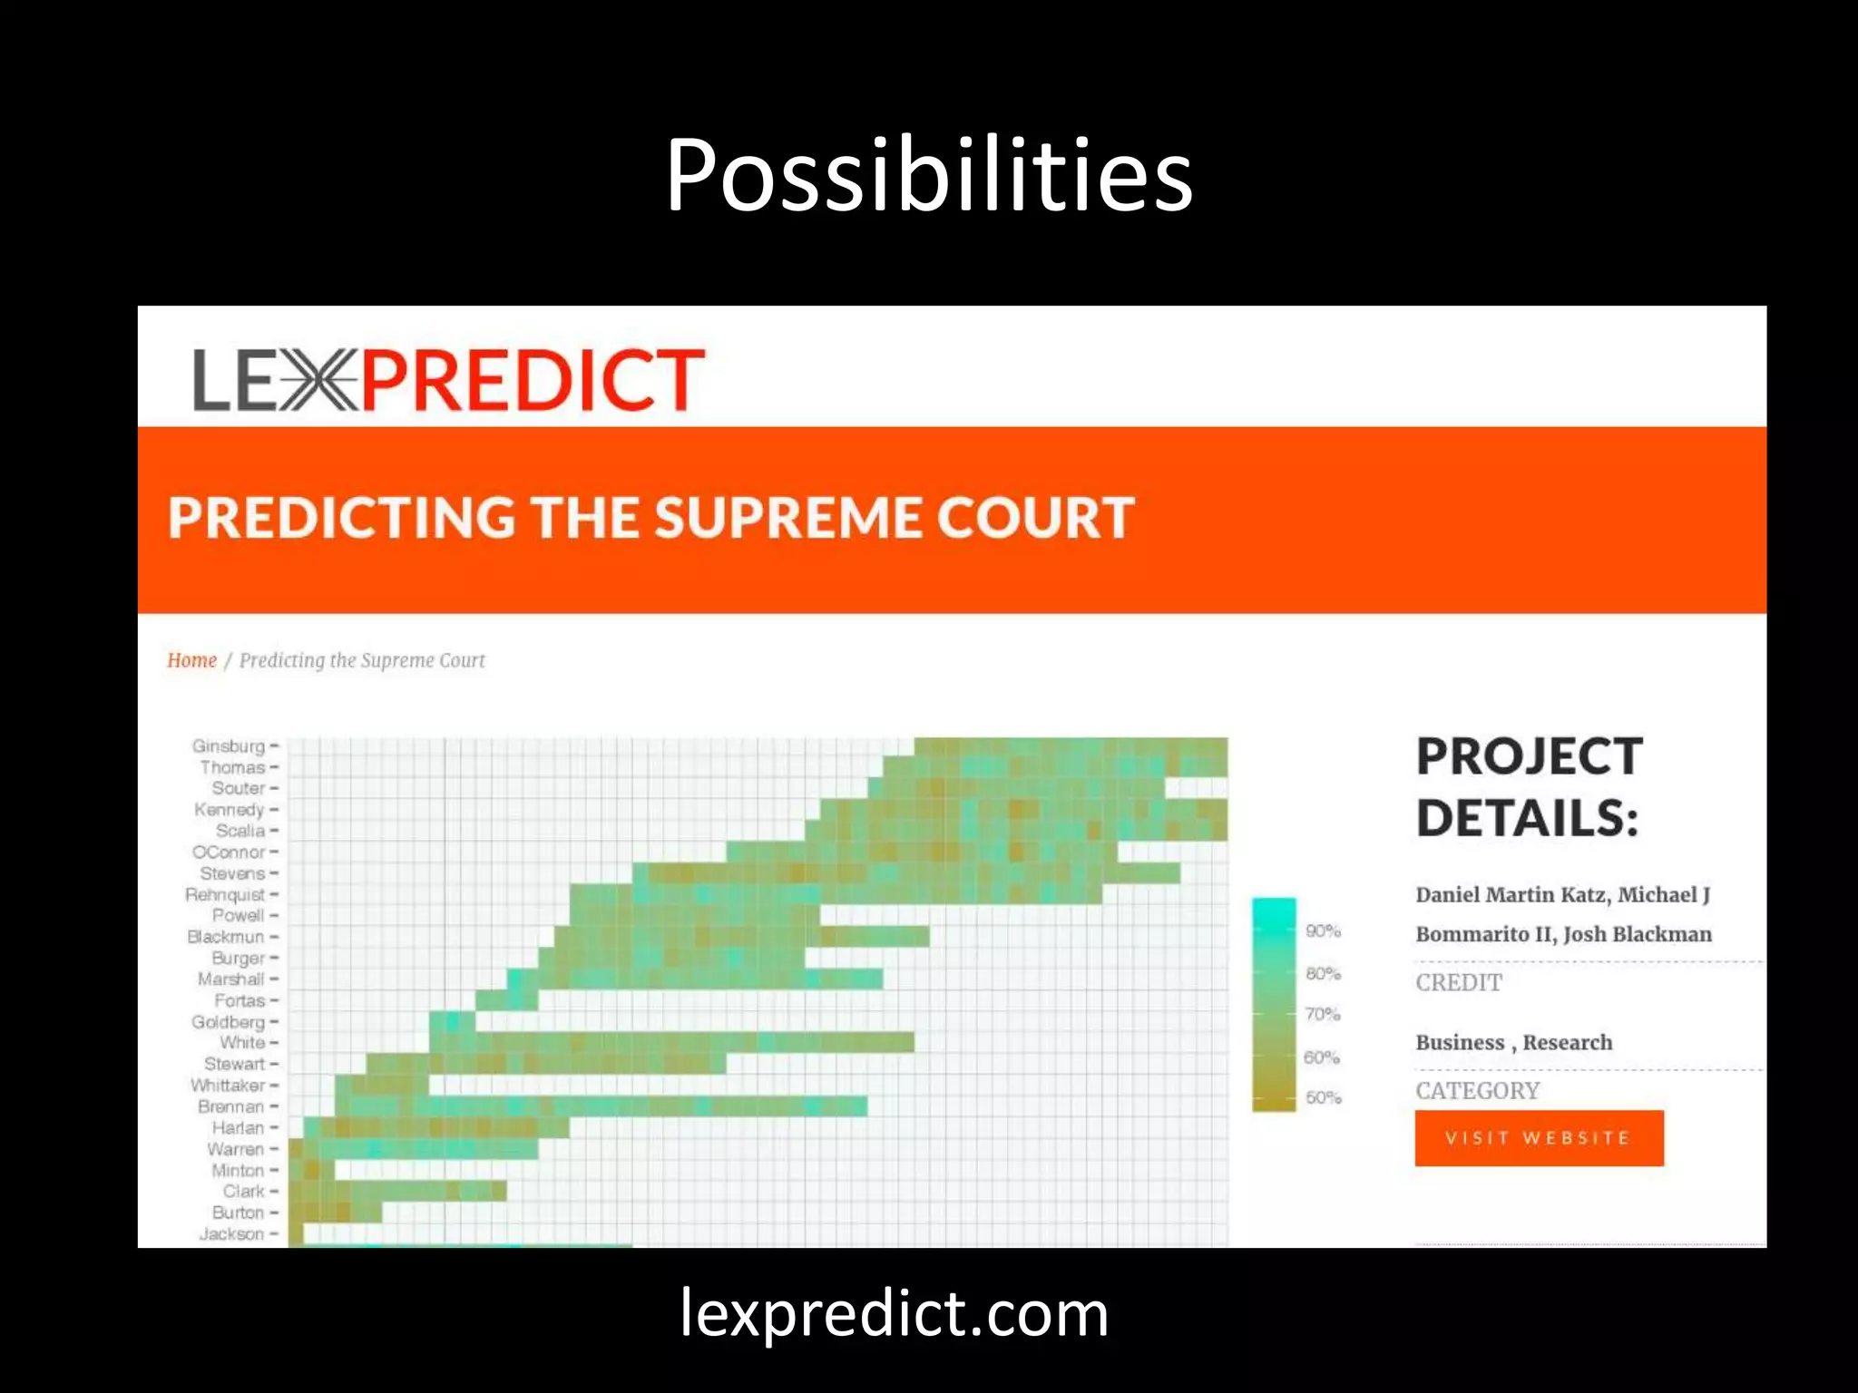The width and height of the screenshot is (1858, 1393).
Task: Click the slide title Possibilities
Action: click(x=928, y=174)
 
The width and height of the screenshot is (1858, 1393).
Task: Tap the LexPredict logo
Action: click(x=448, y=380)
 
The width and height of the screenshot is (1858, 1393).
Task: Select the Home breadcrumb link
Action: click(x=191, y=660)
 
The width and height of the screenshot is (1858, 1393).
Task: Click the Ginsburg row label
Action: click(x=229, y=746)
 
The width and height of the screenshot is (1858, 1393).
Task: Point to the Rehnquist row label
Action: click(x=225, y=895)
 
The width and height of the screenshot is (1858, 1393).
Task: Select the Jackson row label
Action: click(x=232, y=1234)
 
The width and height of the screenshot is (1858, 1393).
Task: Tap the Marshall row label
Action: click(x=231, y=979)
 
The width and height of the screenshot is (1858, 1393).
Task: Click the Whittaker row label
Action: click(x=228, y=1086)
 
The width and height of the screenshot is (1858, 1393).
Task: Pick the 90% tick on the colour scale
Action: click(x=1323, y=931)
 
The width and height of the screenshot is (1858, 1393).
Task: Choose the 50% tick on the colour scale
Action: click(x=1323, y=1098)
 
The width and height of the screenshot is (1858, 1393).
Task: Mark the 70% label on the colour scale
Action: click(x=1323, y=1015)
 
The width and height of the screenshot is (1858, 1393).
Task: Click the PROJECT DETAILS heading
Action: click(x=1530, y=787)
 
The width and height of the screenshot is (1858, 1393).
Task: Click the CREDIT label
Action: click(x=1459, y=983)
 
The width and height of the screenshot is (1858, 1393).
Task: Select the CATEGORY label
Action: click(x=1478, y=1091)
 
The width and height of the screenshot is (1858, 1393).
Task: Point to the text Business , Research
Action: click(x=1514, y=1043)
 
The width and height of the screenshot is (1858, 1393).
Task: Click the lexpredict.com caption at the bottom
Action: click(x=894, y=1314)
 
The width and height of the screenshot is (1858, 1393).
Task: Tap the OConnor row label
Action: click(x=229, y=852)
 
